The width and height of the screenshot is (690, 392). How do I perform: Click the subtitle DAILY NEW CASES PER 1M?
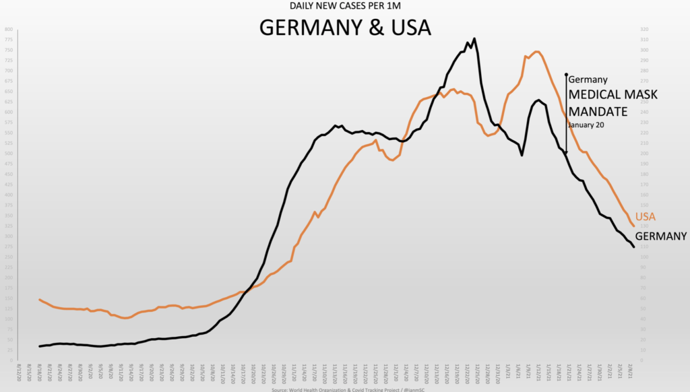pyautogui.click(x=345, y=6)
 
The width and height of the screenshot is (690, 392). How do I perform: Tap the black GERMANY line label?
pyautogui.click(x=660, y=236)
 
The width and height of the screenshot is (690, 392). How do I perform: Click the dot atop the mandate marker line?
pyautogui.click(x=566, y=75)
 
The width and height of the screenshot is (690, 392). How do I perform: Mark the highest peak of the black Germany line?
pyautogui.click(x=474, y=38)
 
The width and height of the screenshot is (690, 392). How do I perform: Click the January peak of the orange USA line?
pyautogui.click(x=536, y=51)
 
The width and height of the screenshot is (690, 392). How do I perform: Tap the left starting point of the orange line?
pyautogui.click(x=40, y=299)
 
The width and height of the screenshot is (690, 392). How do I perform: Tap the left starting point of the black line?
pyautogui.click(x=40, y=346)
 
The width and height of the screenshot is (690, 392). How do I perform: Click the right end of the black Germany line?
pyautogui.click(x=633, y=247)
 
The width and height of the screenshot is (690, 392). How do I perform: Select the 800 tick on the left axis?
pyautogui.click(x=8, y=30)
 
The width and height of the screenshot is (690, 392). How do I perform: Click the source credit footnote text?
pyautogui.click(x=345, y=389)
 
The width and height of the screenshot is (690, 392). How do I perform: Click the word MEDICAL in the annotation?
pyautogui.click(x=594, y=94)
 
